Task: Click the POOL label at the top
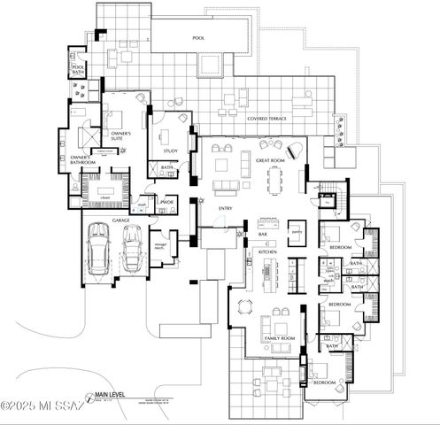[x=197, y=39]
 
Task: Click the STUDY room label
[x=170, y=151]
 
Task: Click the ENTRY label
[x=225, y=207]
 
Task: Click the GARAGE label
[x=120, y=218]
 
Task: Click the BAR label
[x=263, y=234]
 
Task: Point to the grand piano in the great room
[x=291, y=148]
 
